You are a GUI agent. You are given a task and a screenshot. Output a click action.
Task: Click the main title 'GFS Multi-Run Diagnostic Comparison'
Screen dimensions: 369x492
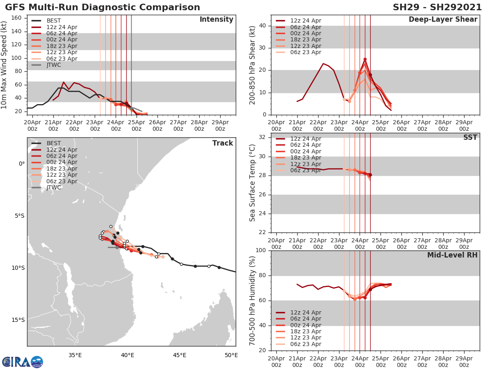(x=102, y=7)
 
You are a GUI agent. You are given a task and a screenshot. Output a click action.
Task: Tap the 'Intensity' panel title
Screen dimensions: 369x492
(x=216, y=20)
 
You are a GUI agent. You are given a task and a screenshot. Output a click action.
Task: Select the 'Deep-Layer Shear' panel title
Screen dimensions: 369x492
(x=443, y=20)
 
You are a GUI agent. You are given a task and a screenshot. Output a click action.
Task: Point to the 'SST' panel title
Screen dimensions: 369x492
(x=470, y=137)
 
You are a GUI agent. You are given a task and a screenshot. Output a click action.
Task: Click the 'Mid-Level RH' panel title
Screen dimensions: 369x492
(x=452, y=255)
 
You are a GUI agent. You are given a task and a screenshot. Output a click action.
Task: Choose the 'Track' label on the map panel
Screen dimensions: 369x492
(x=222, y=143)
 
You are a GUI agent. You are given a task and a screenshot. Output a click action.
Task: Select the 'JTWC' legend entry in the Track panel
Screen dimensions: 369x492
(x=54, y=188)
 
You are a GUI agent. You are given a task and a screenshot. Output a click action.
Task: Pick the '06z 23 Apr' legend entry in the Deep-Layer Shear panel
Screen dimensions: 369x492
(x=305, y=52)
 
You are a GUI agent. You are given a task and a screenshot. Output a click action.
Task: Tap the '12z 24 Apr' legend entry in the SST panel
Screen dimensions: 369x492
(x=305, y=139)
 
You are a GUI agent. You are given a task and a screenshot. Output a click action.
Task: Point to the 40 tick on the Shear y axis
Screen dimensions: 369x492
(x=263, y=26)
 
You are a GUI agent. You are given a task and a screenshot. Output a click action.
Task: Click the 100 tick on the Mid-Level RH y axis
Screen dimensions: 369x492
(x=261, y=251)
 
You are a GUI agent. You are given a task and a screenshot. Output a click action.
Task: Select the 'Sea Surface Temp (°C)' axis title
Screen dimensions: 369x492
(x=253, y=183)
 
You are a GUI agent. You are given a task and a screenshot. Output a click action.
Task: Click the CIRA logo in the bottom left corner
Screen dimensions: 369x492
(x=22, y=362)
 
